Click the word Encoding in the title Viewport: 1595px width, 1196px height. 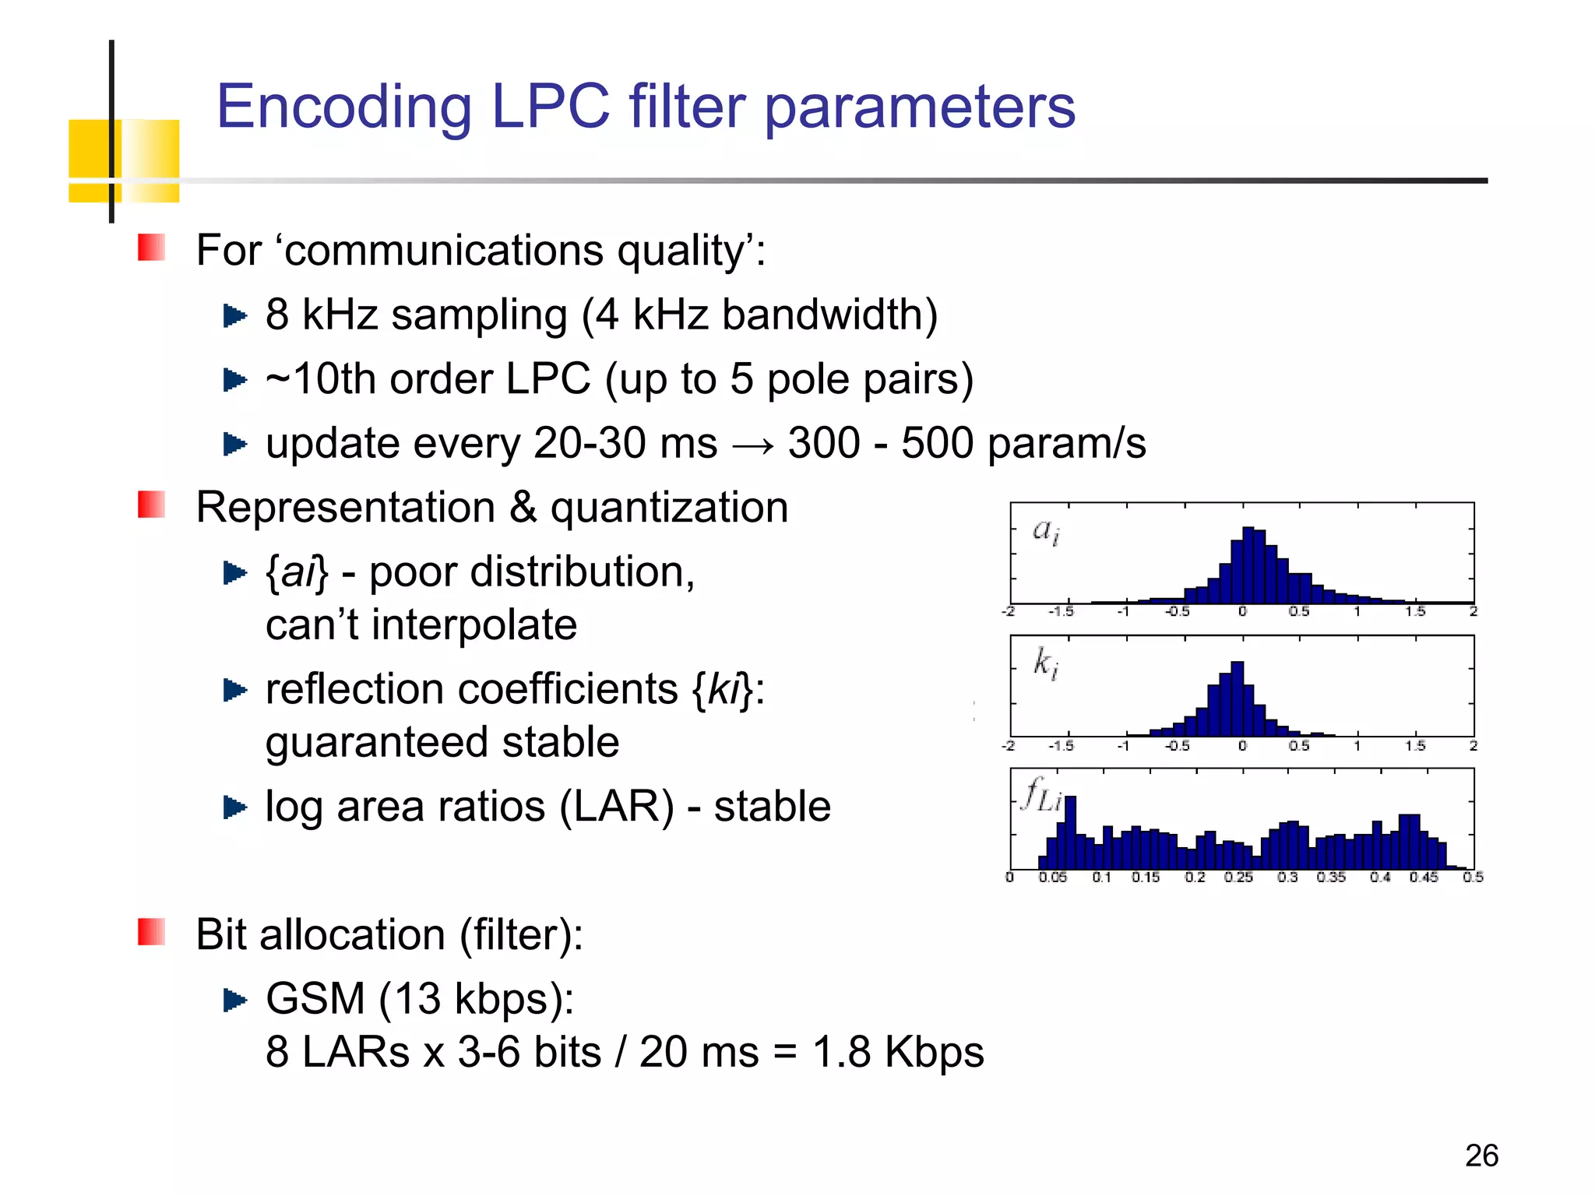point(343,107)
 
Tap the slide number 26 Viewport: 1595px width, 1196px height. point(1481,1156)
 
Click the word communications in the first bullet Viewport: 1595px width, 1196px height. point(444,251)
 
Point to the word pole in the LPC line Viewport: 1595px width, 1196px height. point(797,380)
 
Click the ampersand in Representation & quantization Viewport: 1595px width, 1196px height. point(523,508)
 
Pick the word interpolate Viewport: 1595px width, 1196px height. point(474,625)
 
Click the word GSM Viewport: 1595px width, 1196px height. point(315,999)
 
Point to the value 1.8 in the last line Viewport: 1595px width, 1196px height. point(841,1053)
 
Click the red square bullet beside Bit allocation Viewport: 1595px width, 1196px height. point(151,931)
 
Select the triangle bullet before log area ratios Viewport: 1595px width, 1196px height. point(234,807)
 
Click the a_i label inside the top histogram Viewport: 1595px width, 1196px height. point(1045,531)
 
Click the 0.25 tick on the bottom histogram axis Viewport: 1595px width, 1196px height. point(1238,878)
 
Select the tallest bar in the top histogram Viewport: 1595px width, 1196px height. point(1248,565)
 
